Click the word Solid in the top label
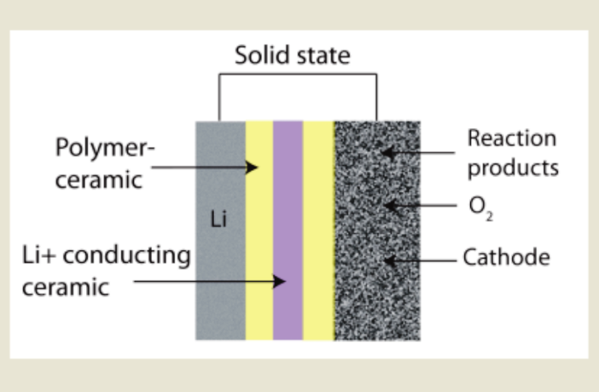pyautogui.click(x=260, y=56)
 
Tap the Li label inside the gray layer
pyautogui.click(x=219, y=220)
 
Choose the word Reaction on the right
pyautogui.click(x=511, y=138)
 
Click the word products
pyautogui.click(x=512, y=167)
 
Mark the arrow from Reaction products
pyautogui.click(x=418, y=153)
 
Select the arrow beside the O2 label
pyautogui.click(x=418, y=206)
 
